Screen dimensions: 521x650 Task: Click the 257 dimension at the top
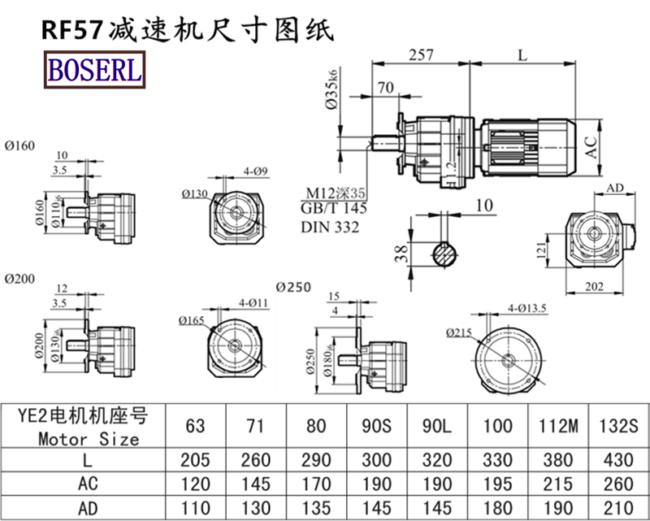pyautogui.click(x=420, y=54)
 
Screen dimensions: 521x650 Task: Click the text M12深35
pyautogui.click(x=336, y=193)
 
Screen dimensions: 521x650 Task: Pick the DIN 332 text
pyautogui.click(x=329, y=227)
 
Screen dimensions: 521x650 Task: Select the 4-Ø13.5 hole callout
pyautogui.click(x=528, y=308)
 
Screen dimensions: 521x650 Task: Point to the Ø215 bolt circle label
pyautogui.click(x=460, y=332)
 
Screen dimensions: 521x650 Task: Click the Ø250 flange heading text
pyautogui.click(x=293, y=288)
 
